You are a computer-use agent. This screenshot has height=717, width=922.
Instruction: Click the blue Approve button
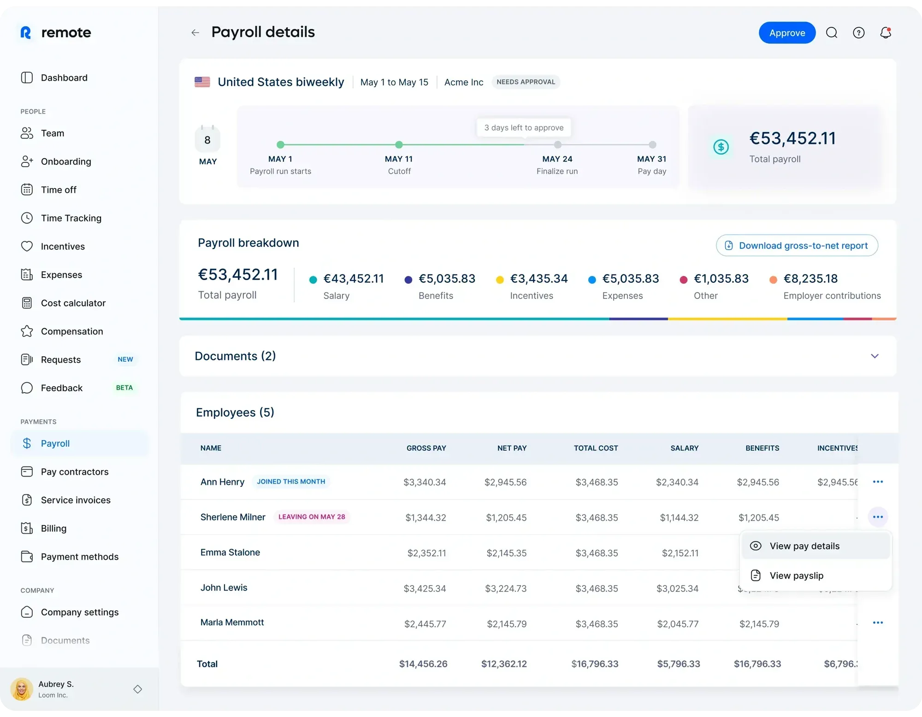[x=787, y=33]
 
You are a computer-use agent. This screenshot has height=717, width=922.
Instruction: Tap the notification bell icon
[x=885, y=33]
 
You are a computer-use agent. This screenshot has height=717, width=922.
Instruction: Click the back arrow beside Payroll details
[x=195, y=33]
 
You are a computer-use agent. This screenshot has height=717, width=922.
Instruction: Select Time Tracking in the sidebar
[x=71, y=218]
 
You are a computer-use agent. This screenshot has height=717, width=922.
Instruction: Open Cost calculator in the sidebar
[x=73, y=303]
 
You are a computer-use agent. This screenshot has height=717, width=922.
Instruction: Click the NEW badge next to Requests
[x=125, y=359]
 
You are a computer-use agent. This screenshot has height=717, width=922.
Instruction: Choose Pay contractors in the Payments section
[x=74, y=472]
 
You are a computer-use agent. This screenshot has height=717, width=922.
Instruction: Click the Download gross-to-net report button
[x=797, y=245]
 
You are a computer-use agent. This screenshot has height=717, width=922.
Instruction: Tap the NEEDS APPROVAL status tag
[x=526, y=82]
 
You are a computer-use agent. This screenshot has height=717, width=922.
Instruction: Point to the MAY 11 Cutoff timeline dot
[x=399, y=145]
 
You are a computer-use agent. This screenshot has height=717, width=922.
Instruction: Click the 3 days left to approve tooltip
[x=524, y=128]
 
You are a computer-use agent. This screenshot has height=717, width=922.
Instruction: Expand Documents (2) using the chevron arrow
[x=875, y=356]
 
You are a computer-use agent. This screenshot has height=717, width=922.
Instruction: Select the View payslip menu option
[x=796, y=575]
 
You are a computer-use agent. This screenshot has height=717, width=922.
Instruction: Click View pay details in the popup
[x=804, y=546]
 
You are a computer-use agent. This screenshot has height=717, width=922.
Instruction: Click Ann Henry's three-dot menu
[x=878, y=482]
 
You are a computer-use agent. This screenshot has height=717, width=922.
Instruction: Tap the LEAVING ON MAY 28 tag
[x=312, y=517]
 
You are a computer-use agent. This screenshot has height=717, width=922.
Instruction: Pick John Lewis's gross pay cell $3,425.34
[x=425, y=588]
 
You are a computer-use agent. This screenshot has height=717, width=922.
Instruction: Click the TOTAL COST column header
[x=596, y=448]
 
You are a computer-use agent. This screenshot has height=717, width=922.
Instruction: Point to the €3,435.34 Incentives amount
[x=538, y=279]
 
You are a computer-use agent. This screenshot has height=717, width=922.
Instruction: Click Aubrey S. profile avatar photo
[x=22, y=689]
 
